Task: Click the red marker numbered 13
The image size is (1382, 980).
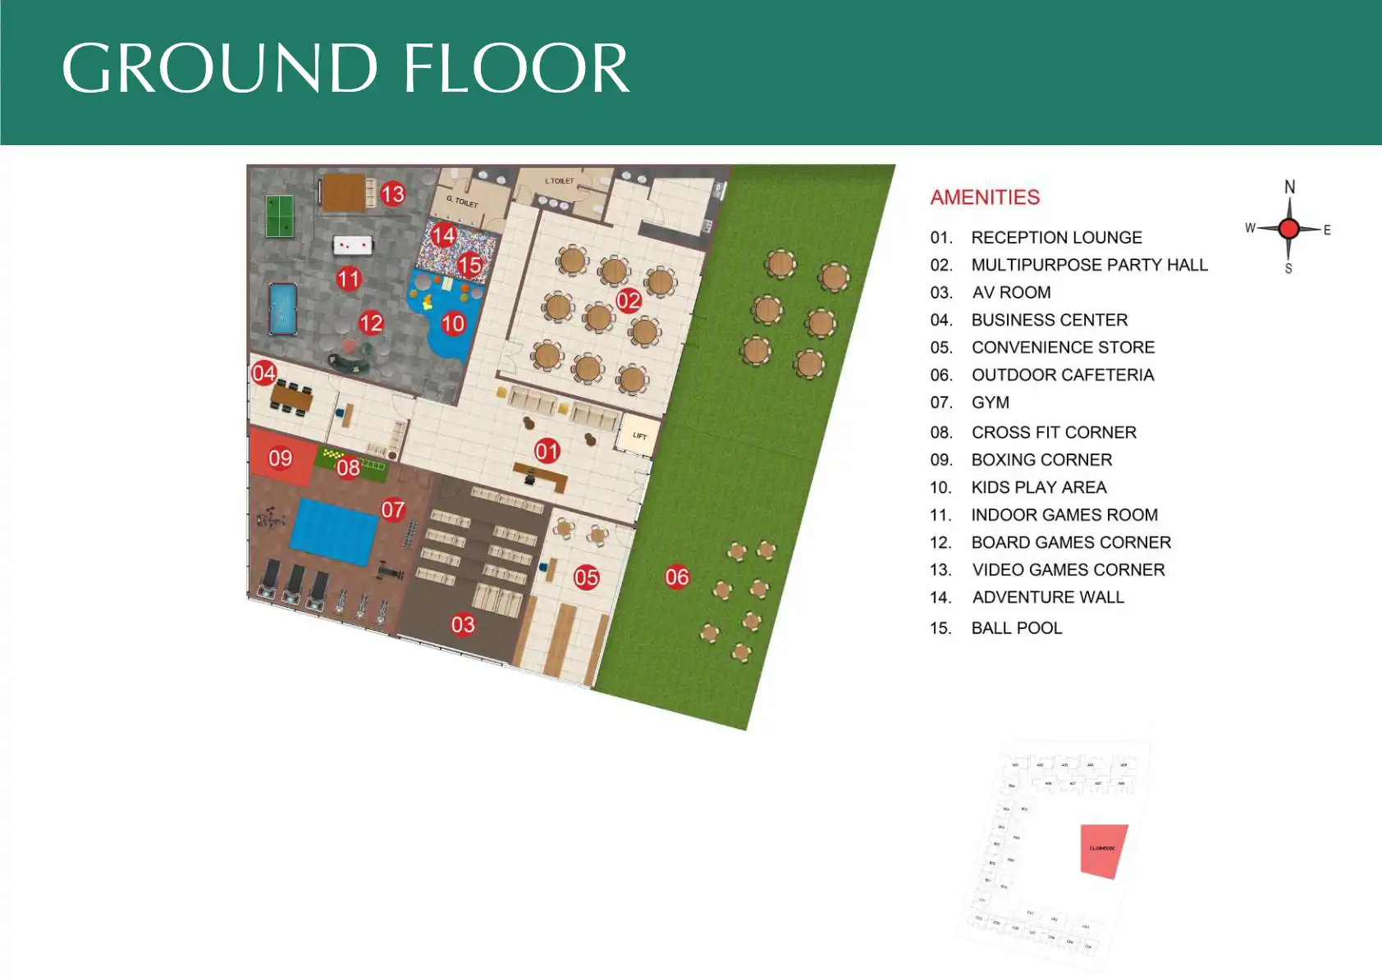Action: click(392, 194)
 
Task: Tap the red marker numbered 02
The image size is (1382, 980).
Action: click(629, 300)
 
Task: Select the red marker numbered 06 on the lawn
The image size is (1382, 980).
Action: click(677, 577)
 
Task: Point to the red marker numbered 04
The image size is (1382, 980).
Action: click(263, 373)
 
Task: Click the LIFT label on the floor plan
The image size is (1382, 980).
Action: click(639, 435)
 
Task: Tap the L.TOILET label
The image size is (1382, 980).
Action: click(560, 180)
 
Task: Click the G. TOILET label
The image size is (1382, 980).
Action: click(462, 201)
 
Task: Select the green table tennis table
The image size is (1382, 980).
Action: click(280, 216)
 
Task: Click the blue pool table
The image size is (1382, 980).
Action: click(282, 308)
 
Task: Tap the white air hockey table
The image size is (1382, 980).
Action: click(353, 244)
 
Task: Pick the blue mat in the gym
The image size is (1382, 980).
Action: click(334, 531)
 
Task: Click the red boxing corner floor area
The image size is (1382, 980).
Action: click(279, 458)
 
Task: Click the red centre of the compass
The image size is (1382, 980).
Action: click(1288, 228)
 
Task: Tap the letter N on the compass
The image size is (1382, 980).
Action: click(1289, 187)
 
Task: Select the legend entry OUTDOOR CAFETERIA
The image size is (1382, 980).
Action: click(1062, 375)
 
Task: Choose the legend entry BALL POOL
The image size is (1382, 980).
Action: click(1016, 628)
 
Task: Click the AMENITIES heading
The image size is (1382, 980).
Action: click(985, 198)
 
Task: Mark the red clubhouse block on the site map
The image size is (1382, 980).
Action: click(1103, 850)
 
